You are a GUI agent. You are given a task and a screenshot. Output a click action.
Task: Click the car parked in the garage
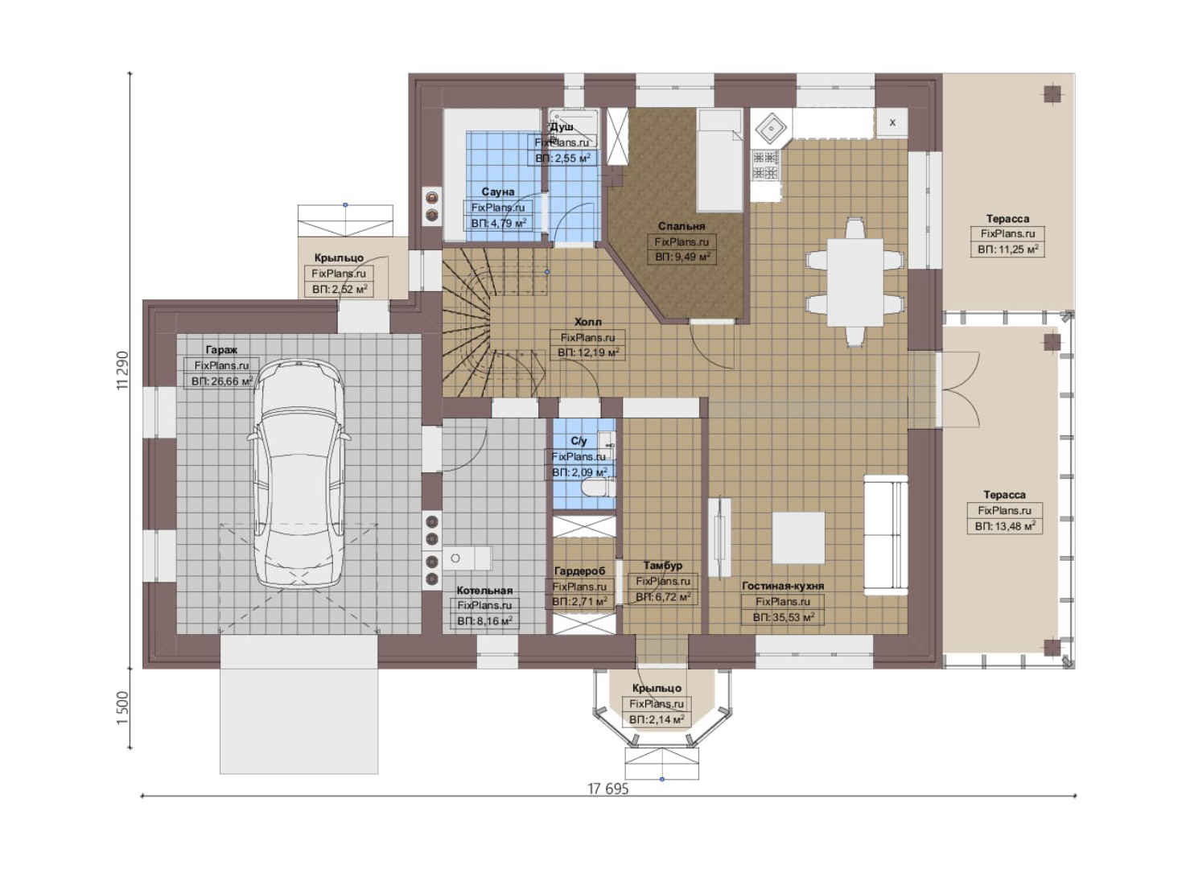[x=299, y=474]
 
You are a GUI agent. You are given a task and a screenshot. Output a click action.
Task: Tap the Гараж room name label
[x=221, y=349]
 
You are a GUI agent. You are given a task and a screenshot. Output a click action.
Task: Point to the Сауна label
[x=498, y=192]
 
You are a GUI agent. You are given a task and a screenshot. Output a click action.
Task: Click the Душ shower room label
[x=562, y=127]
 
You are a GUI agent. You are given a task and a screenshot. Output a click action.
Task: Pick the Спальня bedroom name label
[x=682, y=226]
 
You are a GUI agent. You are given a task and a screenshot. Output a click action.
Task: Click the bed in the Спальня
[x=719, y=160]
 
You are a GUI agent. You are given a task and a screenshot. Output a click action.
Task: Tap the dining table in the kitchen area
[x=855, y=282]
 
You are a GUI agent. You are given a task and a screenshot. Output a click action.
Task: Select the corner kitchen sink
[x=771, y=128]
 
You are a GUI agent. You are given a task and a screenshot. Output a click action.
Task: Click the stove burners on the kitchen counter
[x=765, y=165]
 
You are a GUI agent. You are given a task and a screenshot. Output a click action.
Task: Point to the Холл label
[x=587, y=322]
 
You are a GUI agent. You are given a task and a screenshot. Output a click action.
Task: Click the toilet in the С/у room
[x=597, y=487]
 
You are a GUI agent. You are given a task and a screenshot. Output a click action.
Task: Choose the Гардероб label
[x=579, y=570]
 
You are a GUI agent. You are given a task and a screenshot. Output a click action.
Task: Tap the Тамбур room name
[x=662, y=565]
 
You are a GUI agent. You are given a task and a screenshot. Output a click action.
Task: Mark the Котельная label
[x=484, y=590]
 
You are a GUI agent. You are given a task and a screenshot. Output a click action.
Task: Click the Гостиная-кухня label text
[x=783, y=586]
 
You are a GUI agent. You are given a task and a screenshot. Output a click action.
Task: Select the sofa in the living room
[x=886, y=535]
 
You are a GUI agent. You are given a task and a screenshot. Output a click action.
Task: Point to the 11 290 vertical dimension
[x=122, y=370]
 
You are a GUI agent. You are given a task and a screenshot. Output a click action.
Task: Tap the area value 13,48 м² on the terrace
[x=1005, y=526]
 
